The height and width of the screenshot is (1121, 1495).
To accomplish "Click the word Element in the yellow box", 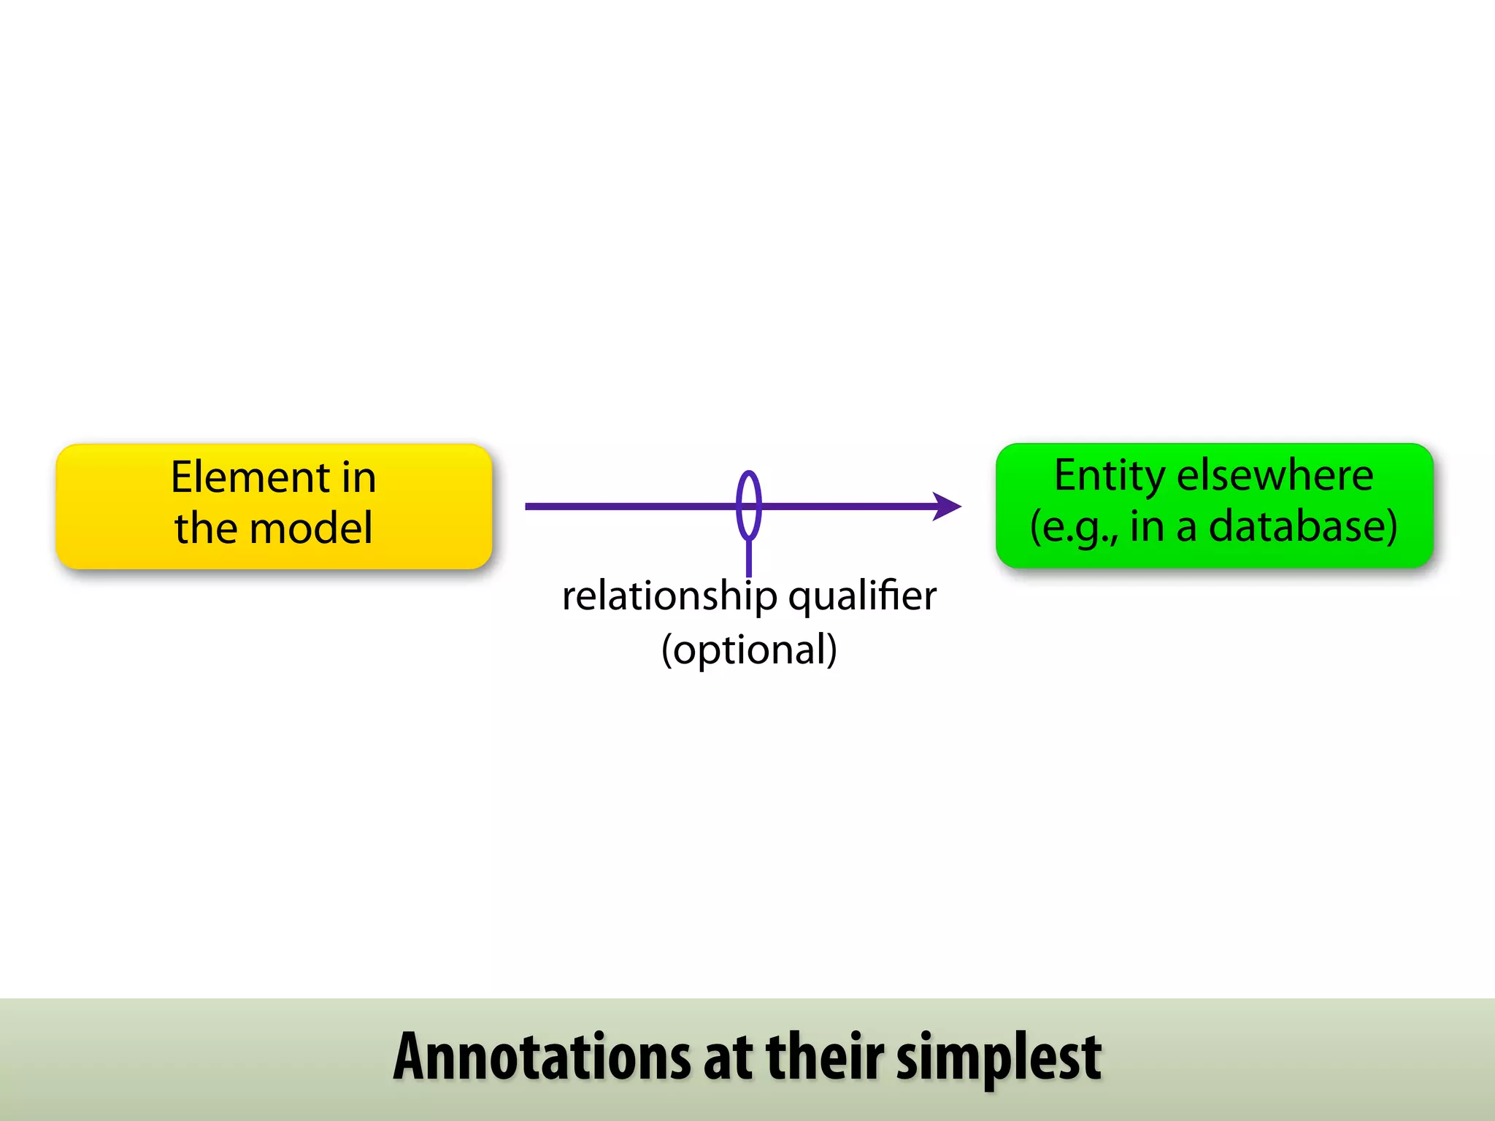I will [x=250, y=478].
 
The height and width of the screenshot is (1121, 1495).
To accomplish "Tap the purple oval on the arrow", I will [x=749, y=505].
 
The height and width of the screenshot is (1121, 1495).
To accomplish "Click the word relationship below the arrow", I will [x=669, y=597].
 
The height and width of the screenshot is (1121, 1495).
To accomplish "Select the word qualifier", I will [x=862, y=597].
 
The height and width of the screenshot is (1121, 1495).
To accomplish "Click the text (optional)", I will [x=749, y=650].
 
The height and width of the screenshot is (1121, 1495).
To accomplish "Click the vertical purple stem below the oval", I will [x=749, y=558].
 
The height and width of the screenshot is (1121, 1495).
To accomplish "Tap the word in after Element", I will [x=358, y=478].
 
